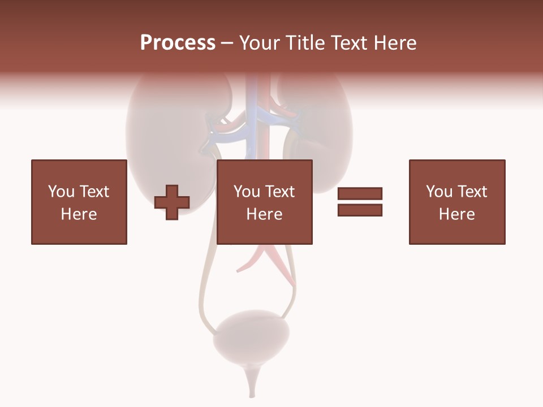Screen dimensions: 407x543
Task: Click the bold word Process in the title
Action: point(178,43)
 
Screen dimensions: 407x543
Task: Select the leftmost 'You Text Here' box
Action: point(79,202)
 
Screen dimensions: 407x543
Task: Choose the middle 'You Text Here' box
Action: point(264,202)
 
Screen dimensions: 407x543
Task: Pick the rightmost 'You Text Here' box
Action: point(456,202)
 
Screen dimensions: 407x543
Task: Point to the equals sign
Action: point(360,202)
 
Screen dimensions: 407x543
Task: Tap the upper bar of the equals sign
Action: point(360,194)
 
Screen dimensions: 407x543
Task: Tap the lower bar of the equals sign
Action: point(360,210)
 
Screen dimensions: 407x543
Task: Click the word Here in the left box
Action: point(79,214)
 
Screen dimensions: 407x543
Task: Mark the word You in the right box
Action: point(439,192)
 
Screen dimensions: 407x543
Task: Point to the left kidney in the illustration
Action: point(150,136)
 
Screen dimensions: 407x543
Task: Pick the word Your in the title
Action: point(261,43)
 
